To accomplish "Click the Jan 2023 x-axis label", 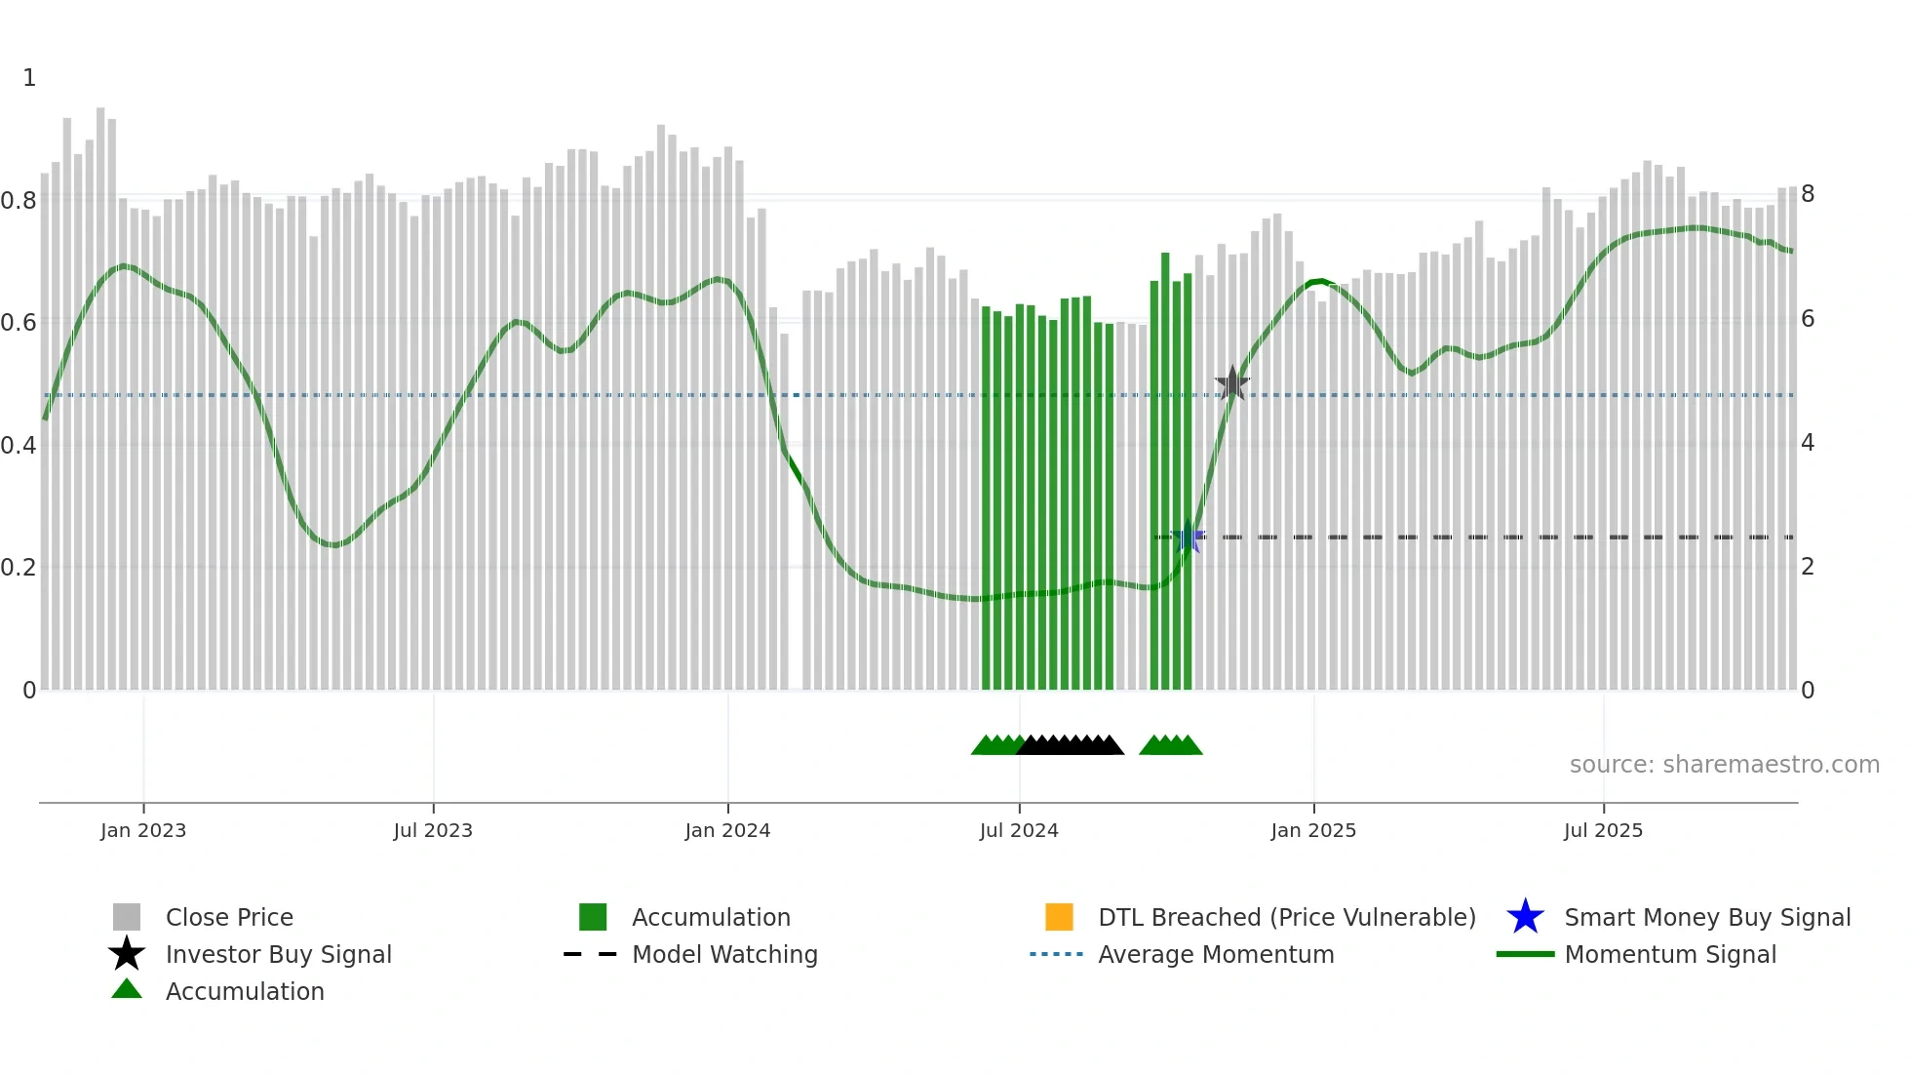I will click(143, 830).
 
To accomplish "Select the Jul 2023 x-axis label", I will click(433, 830).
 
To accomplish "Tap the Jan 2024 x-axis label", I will click(727, 830).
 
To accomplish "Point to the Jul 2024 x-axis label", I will click(1019, 830).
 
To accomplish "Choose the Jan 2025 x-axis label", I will click(1313, 830).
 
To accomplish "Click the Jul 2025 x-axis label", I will click(1603, 830).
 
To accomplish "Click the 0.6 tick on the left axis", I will click(19, 323).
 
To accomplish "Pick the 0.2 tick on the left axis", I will click(19, 568).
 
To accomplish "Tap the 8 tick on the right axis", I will click(1808, 194).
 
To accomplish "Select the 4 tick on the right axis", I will click(1808, 443).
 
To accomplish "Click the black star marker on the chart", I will click(1232, 383).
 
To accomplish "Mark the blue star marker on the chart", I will click(1188, 537).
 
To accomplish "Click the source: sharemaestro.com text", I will click(1724, 765).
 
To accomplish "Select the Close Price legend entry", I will click(229, 917).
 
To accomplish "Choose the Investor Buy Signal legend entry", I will click(278, 954).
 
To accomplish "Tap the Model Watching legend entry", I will click(724, 954).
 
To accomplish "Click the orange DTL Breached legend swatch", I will click(1059, 917).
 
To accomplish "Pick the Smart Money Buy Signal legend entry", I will click(1707, 917).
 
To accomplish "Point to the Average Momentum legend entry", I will click(1216, 954).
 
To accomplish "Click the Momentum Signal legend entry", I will click(1670, 954).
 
